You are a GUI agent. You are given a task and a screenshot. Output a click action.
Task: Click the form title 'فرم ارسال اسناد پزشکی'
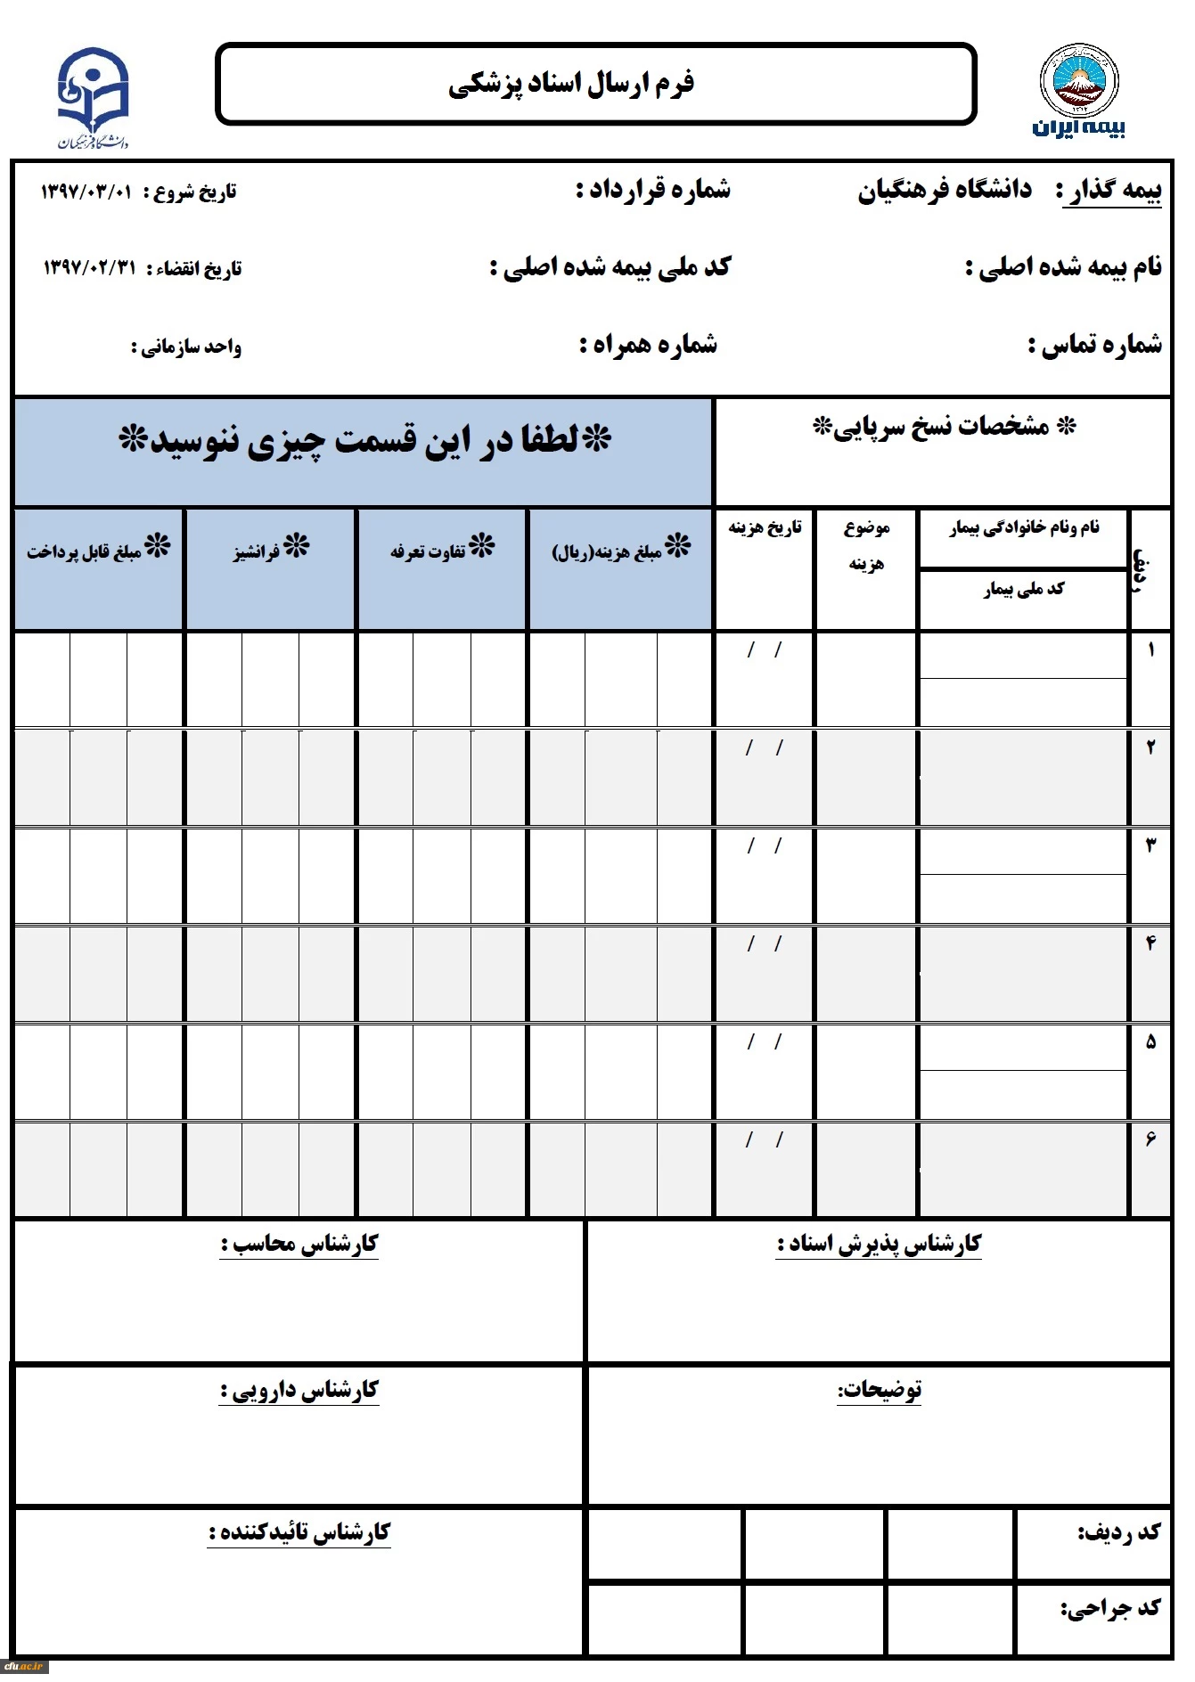click(571, 84)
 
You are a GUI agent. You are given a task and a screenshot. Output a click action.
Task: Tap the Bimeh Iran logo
click(1079, 92)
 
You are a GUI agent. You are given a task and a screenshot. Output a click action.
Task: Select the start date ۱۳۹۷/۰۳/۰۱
click(86, 192)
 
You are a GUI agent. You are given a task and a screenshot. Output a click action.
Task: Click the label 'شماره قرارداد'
click(653, 190)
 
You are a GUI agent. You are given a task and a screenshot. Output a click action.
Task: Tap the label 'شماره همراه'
click(649, 345)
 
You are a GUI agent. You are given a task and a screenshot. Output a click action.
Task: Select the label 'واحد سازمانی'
click(186, 347)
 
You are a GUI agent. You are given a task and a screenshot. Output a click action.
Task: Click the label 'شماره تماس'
click(1095, 345)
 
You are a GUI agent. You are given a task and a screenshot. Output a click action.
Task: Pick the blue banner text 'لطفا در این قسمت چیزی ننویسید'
click(364, 441)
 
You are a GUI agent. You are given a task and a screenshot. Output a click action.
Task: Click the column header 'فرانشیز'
click(271, 550)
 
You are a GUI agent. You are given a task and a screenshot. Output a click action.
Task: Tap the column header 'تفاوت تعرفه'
click(442, 550)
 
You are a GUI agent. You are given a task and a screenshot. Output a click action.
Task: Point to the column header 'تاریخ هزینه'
click(765, 527)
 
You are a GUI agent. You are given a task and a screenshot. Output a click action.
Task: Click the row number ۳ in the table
click(1150, 845)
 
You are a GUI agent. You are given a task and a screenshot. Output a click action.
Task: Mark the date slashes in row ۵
click(765, 1041)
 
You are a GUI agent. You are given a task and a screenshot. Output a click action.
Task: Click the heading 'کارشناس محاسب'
click(300, 1244)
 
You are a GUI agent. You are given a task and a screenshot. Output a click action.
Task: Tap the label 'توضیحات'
click(879, 1390)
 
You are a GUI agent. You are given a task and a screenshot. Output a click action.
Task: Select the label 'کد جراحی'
click(1110, 1607)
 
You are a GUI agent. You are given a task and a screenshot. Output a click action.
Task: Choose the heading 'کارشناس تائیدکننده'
click(299, 1531)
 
